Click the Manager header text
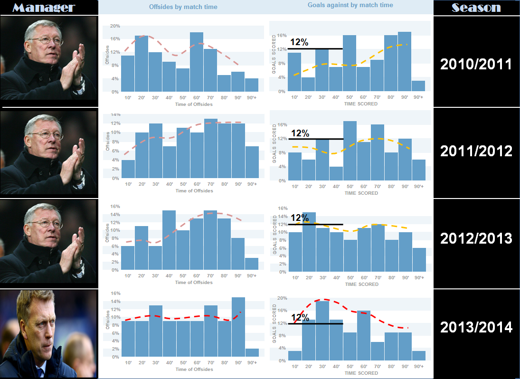click(44, 8)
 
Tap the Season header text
click(476, 8)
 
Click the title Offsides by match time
click(183, 7)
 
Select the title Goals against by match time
click(350, 5)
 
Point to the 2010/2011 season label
click(476, 64)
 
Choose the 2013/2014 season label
click(476, 327)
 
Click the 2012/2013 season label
click(476, 238)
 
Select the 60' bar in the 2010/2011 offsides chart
click(197, 62)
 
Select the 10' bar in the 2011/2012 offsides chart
click(128, 169)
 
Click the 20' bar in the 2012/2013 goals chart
click(309, 242)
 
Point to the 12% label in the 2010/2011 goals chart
click(299, 42)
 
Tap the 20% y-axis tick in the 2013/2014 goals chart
click(282, 298)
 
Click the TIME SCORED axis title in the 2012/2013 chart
click(361, 284)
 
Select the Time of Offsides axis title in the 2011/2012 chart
click(194, 191)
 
